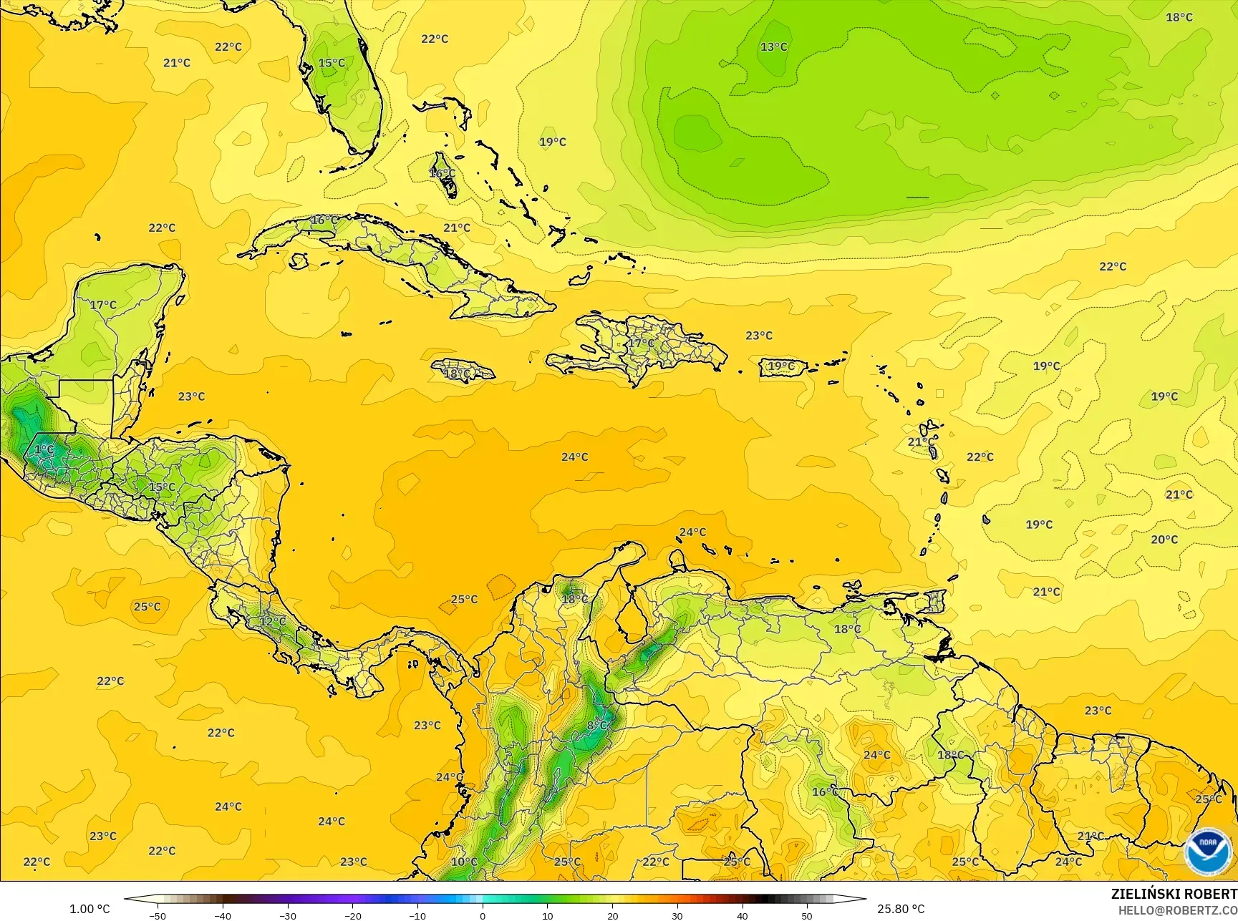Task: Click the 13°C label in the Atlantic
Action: (x=773, y=47)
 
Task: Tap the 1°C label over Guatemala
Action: (x=44, y=449)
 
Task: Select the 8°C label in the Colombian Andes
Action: (x=596, y=725)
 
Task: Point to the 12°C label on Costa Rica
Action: (x=272, y=621)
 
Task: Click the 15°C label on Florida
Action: (x=332, y=63)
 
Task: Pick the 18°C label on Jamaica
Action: (x=458, y=374)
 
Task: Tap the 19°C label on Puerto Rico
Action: (x=780, y=366)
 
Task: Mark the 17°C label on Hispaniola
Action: (x=641, y=343)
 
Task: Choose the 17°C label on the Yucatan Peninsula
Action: (x=103, y=305)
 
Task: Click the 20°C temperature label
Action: (x=1164, y=540)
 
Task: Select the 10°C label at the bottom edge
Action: (x=464, y=862)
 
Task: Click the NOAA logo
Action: (x=1208, y=852)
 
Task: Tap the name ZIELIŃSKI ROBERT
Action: (x=1174, y=894)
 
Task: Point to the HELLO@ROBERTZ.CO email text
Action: (x=1178, y=910)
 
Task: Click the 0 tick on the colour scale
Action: (x=483, y=915)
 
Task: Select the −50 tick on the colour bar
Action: (x=158, y=915)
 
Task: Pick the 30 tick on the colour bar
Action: (x=677, y=915)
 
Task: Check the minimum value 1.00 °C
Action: (x=90, y=909)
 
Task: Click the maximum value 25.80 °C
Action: (x=901, y=909)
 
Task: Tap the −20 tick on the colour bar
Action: (x=352, y=915)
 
